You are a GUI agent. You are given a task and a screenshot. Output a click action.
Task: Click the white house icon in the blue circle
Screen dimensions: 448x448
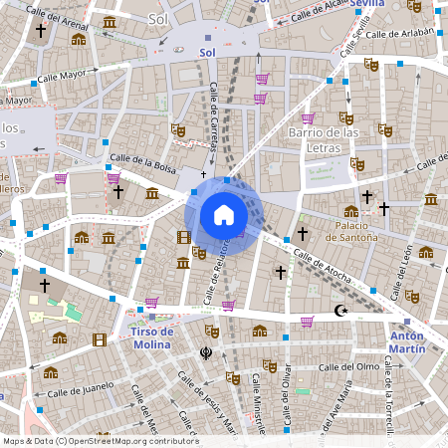click(223, 215)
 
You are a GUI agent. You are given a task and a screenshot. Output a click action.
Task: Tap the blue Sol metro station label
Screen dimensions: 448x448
click(207, 52)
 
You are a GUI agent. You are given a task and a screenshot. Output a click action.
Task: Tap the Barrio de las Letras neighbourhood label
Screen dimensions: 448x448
click(323, 140)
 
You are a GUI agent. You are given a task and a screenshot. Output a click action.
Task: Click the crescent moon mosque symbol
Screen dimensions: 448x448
click(341, 312)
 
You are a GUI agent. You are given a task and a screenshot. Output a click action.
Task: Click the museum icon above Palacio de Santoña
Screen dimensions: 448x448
click(350, 211)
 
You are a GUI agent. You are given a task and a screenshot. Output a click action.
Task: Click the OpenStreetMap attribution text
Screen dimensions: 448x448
click(101, 441)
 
